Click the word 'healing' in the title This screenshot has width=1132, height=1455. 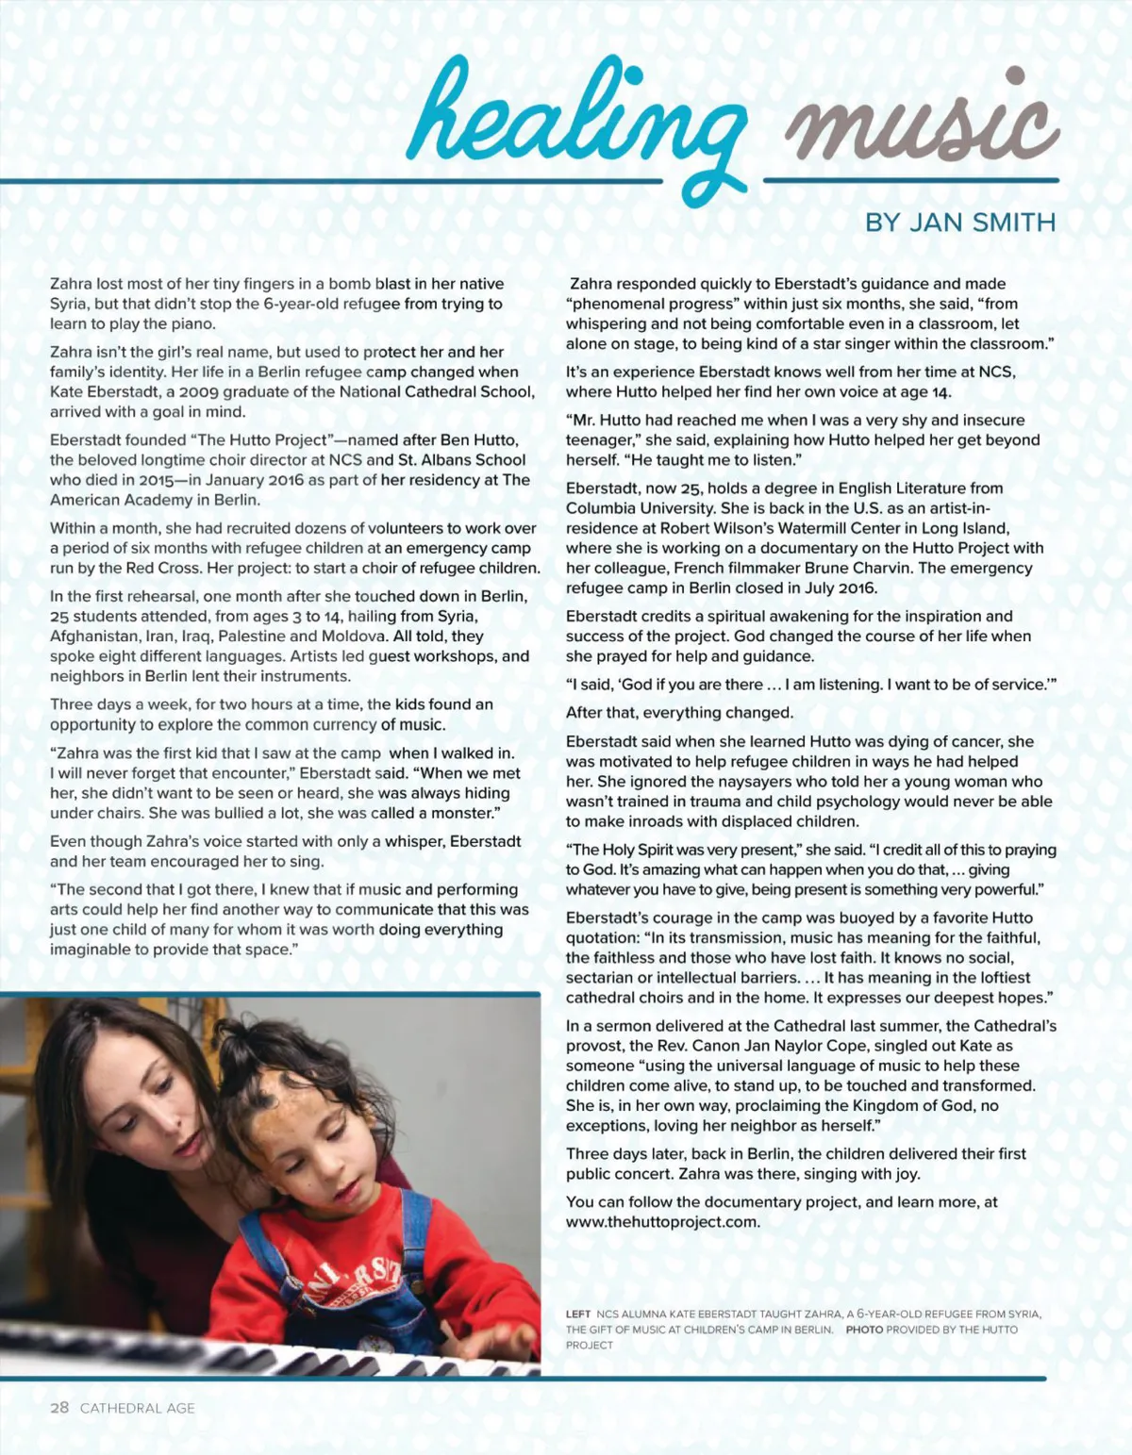point(575,118)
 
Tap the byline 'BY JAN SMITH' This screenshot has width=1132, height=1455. point(960,223)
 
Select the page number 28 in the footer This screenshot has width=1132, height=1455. point(59,1408)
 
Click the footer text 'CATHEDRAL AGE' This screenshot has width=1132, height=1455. point(138,1409)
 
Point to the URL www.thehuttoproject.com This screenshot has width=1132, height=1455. point(662,1222)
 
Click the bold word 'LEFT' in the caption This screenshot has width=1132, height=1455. point(578,1314)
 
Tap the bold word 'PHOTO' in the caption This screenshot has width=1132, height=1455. point(864,1330)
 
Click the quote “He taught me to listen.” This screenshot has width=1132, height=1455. point(726,460)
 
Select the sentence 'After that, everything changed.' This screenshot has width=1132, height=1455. point(679,713)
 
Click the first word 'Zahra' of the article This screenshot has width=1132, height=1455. point(71,284)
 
